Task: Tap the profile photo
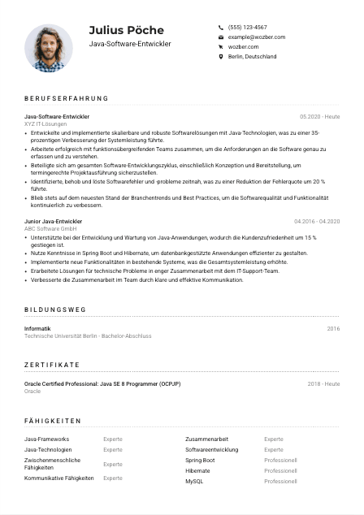[x=49, y=48]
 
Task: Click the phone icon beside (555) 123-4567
[x=221, y=27]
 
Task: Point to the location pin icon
[x=221, y=57]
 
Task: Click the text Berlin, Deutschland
[x=252, y=57]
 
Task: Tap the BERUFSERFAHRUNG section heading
[x=66, y=98]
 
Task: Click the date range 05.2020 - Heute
[x=319, y=116]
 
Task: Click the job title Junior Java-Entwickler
[x=53, y=221]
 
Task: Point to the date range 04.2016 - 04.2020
[x=317, y=221]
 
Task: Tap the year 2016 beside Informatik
[x=333, y=328]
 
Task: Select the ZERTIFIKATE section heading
[x=52, y=366]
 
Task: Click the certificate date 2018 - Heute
[x=323, y=383]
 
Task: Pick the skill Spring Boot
[x=200, y=460]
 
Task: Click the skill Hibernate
[x=197, y=470]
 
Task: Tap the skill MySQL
[x=194, y=481]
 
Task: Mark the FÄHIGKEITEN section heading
[x=53, y=421]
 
